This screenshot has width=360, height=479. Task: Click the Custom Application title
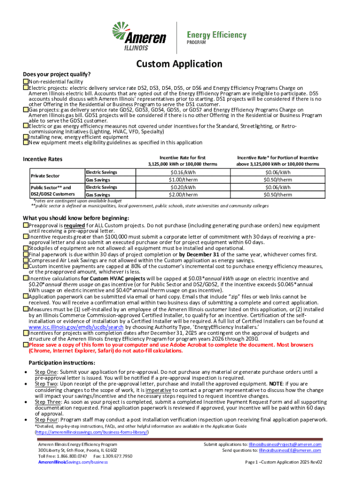click(x=180, y=64)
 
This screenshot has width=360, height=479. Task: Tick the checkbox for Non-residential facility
click(x=26, y=82)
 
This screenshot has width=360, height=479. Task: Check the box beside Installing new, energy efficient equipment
click(x=26, y=137)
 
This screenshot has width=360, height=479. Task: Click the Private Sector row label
click(x=45, y=176)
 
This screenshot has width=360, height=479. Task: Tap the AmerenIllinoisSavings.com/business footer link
click(x=73, y=462)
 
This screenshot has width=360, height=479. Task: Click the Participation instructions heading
click(x=62, y=363)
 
